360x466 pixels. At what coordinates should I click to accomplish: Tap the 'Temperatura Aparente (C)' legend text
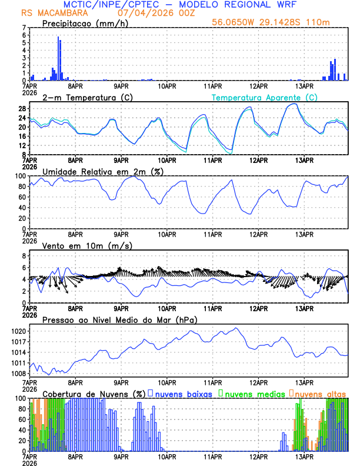265,97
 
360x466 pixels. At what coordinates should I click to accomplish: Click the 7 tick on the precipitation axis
25,28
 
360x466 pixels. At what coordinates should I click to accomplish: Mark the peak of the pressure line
236,328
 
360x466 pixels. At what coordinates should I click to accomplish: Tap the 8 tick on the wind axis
25,255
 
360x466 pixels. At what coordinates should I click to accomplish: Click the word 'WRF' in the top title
276,4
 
